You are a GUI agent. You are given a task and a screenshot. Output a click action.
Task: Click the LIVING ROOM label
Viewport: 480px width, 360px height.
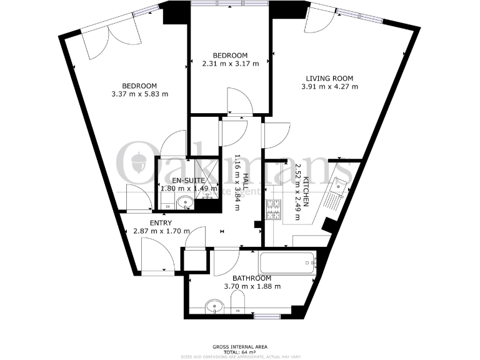329,78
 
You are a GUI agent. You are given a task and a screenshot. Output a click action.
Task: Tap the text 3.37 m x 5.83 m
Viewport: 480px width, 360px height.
140,94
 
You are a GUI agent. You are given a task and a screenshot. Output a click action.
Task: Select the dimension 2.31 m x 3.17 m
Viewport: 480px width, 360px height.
230,63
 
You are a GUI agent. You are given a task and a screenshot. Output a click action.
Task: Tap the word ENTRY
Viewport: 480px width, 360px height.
161,222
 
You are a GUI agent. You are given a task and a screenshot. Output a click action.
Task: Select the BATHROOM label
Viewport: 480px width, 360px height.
252,278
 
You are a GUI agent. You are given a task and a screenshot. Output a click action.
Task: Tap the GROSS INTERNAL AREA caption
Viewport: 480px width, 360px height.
240,345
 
